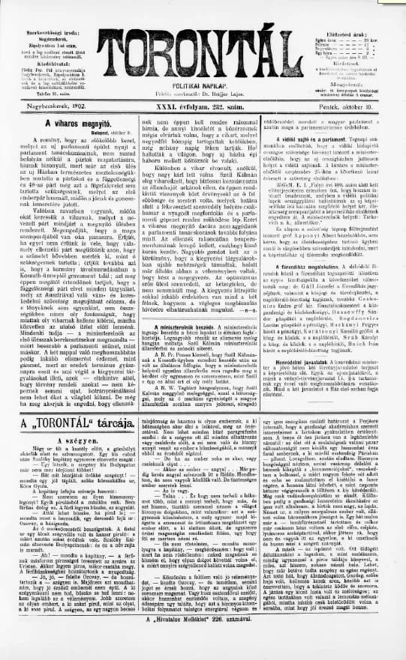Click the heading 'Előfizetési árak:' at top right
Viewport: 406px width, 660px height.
[359, 8]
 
